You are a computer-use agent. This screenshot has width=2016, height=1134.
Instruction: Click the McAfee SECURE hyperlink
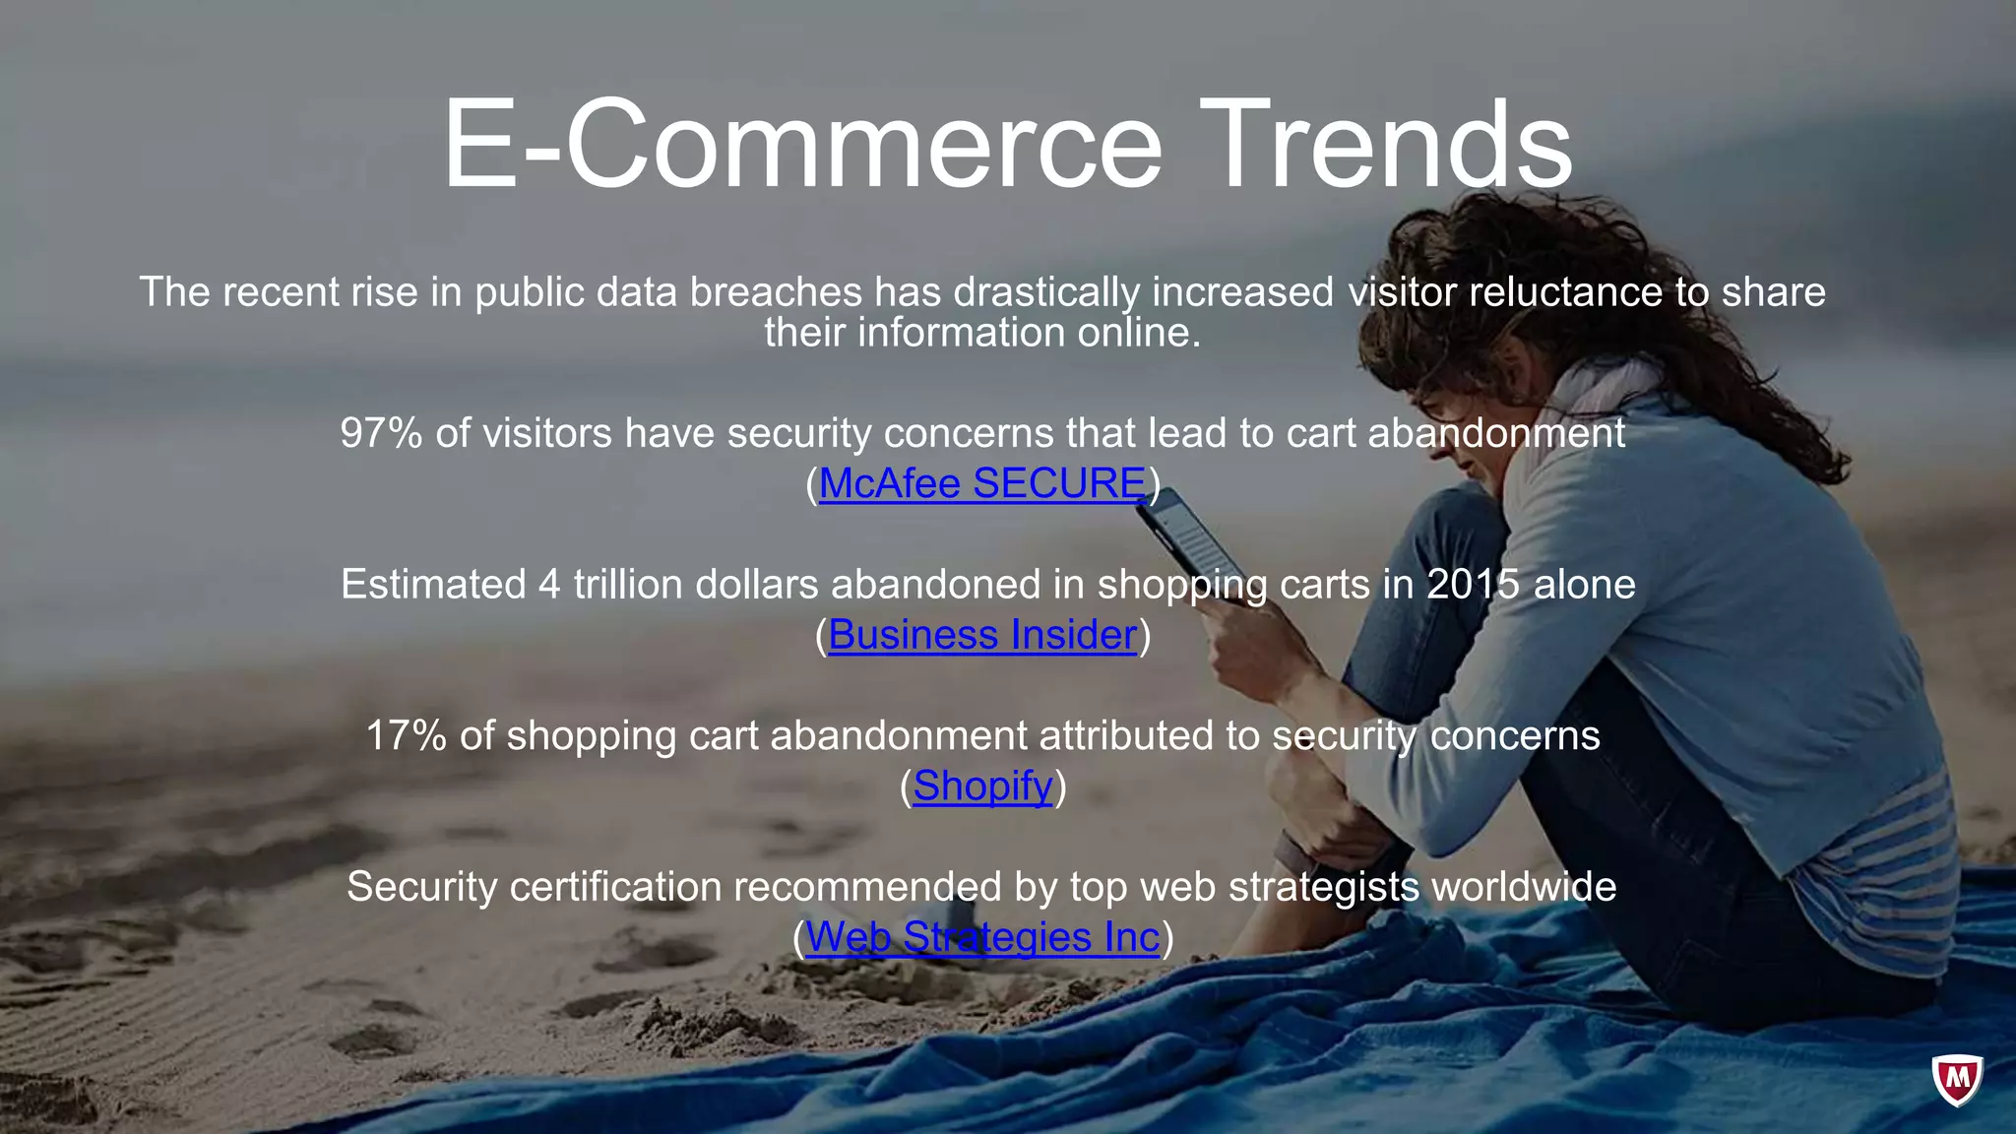coord(982,483)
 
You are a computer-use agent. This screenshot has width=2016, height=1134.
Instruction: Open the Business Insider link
coord(982,635)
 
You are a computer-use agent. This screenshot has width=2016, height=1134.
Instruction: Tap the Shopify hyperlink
coord(982,786)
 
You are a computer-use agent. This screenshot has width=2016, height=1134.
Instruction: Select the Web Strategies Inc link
coord(982,937)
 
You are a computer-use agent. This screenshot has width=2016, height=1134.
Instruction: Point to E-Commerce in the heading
coord(802,145)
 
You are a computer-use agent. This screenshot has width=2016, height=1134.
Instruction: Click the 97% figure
coord(381,433)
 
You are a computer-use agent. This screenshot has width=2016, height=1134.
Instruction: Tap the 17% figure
coord(406,735)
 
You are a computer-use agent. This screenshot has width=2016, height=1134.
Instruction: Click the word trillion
coord(628,585)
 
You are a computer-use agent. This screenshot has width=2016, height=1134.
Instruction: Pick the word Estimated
coord(433,585)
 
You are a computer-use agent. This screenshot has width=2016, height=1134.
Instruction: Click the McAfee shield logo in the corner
coord(1957,1080)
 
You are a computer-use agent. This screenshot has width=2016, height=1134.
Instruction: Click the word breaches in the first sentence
coord(776,292)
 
